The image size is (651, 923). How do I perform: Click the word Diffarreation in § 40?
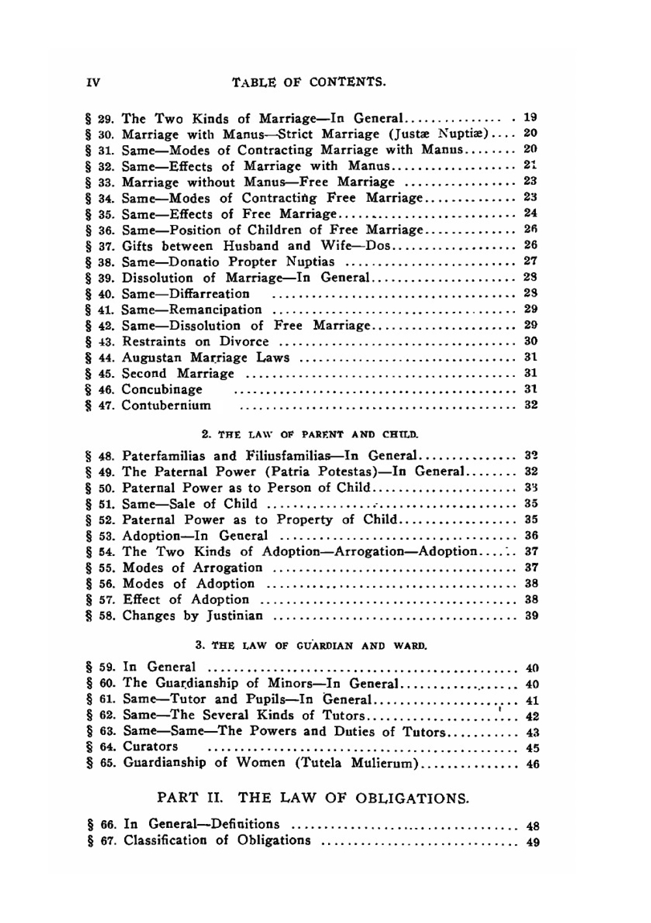coord(209,294)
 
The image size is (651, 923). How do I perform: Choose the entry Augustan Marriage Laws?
coord(206,357)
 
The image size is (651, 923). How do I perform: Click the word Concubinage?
coord(162,389)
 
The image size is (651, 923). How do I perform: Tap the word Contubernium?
coord(167,406)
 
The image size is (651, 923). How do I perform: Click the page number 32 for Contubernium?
coord(531,405)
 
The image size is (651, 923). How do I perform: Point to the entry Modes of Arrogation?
coord(193,568)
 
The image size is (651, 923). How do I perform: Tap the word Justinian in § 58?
coord(235,616)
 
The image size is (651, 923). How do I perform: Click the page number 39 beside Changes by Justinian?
coord(531,616)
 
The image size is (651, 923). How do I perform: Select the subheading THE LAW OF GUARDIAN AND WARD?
coord(311,646)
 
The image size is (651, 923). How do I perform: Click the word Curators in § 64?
coord(150,747)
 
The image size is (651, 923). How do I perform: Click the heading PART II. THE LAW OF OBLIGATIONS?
coord(313,798)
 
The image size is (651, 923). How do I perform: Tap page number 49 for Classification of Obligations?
coord(533,842)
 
